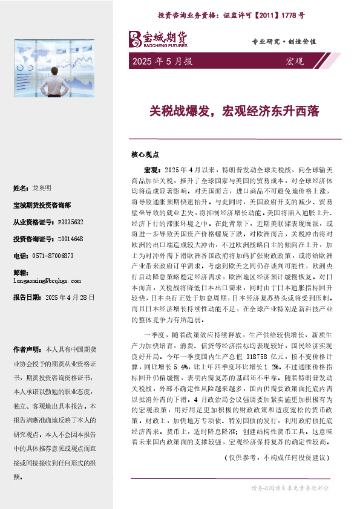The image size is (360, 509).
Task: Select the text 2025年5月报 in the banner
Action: pyautogui.click(x=162, y=62)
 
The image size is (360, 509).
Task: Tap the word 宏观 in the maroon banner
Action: pyautogui.click(x=294, y=62)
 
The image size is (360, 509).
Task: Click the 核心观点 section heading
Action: pyautogui.click(x=145, y=154)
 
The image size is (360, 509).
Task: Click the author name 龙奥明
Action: pyautogui.click(x=42, y=188)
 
